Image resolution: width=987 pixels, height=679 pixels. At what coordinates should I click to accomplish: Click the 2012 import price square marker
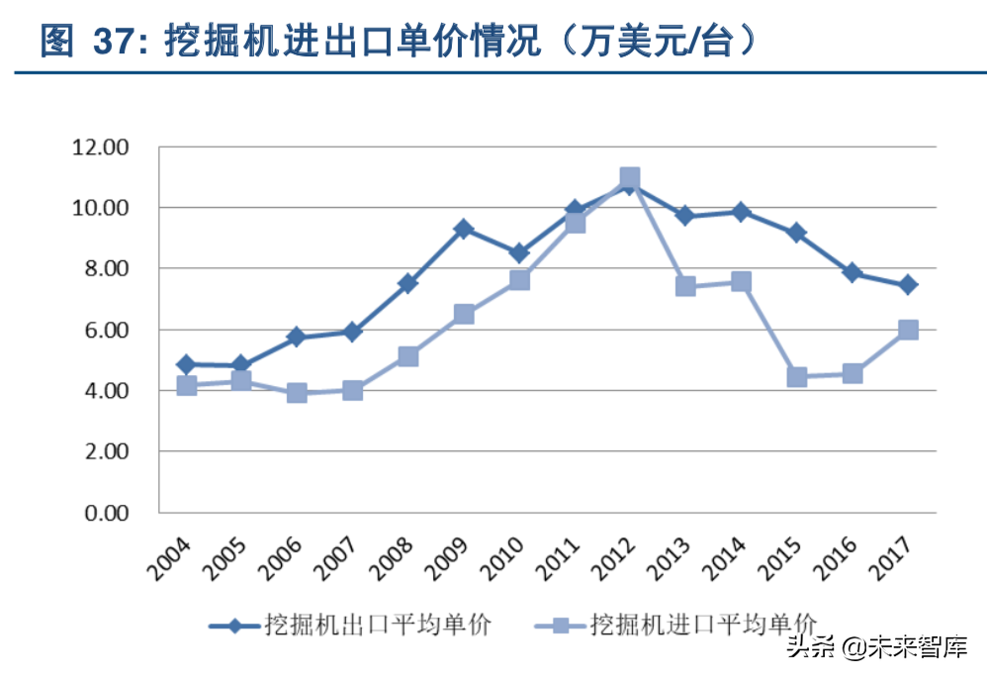[629, 179]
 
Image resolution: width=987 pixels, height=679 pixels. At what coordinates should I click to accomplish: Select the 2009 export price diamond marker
[463, 230]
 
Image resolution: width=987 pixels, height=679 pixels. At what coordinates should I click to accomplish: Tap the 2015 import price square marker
[797, 377]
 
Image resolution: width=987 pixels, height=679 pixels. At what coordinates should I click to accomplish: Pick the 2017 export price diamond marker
[908, 285]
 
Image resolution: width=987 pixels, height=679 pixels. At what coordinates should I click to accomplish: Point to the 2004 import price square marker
[186, 385]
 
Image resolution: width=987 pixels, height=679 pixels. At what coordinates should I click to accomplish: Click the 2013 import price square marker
[685, 286]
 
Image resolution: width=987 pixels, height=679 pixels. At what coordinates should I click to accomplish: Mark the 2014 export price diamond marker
[741, 212]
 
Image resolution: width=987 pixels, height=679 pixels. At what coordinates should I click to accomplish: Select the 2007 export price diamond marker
[352, 332]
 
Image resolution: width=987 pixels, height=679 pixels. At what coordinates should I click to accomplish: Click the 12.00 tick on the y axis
[100, 147]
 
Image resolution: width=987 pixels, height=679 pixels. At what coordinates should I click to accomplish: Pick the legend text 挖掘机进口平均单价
[703, 625]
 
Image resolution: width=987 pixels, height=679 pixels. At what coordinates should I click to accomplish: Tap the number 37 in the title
[112, 43]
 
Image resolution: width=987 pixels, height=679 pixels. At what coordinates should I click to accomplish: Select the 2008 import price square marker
[407, 356]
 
